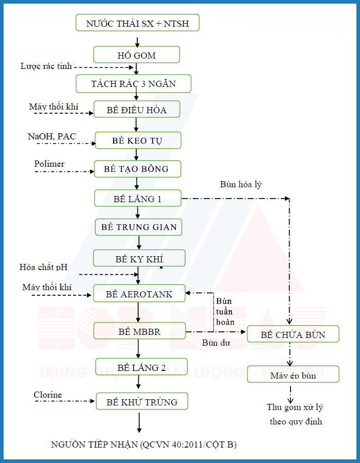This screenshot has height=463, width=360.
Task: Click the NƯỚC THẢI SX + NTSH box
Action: tap(137, 23)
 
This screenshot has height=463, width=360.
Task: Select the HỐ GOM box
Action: tap(137, 55)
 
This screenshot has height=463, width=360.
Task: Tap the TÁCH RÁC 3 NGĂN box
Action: tap(133, 83)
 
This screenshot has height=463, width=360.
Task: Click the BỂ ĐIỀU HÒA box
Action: tap(137, 109)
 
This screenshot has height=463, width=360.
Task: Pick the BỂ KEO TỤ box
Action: tap(138, 140)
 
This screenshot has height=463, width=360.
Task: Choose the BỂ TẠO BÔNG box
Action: tap(137, 169)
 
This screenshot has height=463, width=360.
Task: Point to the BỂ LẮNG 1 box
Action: tap(138, 198)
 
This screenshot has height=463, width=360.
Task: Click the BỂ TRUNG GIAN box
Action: tap(138, 227)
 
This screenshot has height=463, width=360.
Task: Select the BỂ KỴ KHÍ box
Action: tap(139, 258)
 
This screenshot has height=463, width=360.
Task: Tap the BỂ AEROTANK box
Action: tap(139, 294)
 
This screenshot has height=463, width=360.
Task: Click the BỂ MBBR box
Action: tap(139, 331)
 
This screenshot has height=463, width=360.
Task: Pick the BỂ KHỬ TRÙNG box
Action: tap(142, 401)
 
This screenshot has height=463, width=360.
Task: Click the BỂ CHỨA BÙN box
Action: tap(293, 334)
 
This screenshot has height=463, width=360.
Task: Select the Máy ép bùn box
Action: tap(293, 375)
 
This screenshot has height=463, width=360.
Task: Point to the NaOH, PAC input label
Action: tap(52, 136)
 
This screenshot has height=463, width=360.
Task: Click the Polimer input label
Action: tap(49, 164)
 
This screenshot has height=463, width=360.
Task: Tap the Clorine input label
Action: tap(48, 395)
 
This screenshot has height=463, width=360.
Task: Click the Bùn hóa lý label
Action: tap(241, 185)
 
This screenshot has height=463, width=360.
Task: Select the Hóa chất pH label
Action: tap(43, 267)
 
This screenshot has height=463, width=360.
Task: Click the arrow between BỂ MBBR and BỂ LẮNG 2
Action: tap(138, 349)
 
